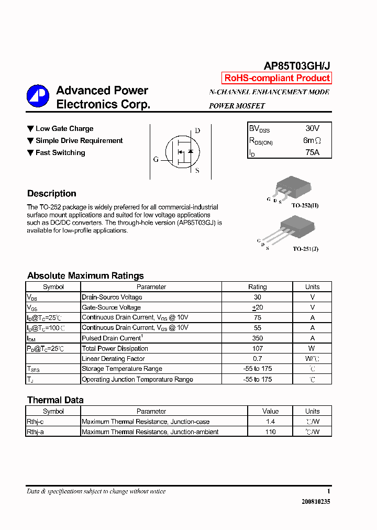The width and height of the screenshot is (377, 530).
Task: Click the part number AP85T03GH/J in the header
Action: pos(296,65)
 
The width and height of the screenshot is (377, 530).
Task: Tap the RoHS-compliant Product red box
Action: pos(277,79)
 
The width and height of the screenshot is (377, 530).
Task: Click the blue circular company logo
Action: pos(38,96)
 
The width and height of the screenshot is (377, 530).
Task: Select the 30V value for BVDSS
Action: pos(312,128)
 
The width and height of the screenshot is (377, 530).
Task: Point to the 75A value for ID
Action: pos(312,152)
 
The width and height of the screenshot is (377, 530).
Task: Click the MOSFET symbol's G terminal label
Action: pos(156,159)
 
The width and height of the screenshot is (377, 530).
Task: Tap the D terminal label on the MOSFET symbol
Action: pos(197,130)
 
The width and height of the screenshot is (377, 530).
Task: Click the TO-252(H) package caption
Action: pos(305,206)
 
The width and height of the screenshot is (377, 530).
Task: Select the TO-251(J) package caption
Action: pos(305,249)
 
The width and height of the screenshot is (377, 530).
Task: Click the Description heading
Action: pos(52,193)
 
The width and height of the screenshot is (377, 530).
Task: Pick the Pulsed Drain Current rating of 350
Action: pos(258,338)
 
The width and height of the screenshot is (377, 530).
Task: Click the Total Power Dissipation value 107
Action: pos(258,348)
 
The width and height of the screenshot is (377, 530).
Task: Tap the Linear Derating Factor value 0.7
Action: pos(258,359)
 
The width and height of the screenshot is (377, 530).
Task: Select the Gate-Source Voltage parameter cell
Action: pos(112,307)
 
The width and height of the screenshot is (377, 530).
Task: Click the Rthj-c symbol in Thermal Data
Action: pos(36,422)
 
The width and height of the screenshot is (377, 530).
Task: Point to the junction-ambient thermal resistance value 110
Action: pos(271,432)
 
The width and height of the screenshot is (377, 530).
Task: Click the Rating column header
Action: pos(258,287)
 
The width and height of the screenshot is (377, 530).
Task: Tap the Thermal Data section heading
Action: pos(56,400)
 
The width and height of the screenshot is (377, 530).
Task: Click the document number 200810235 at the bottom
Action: pos(316,502)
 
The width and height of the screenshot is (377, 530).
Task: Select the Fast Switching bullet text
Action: pos(60,153)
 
